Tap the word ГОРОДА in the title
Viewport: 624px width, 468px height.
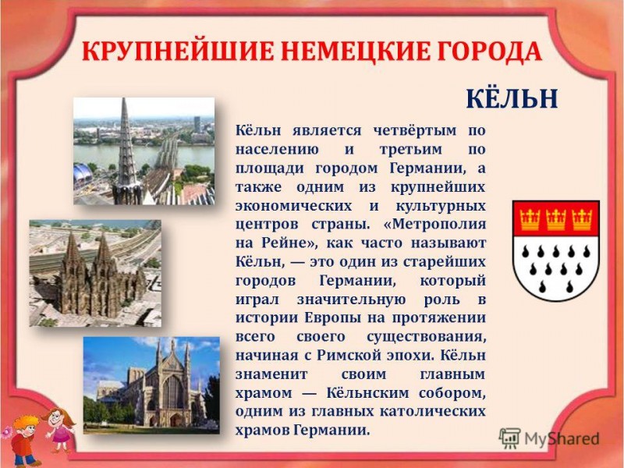click(490, 51)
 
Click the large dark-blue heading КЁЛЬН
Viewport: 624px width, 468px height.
click(512, 98)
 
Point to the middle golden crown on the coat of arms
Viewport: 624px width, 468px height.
click(555, 219)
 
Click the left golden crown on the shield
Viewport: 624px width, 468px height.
click(530, 219)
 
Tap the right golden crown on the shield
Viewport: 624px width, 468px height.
click(581, 219)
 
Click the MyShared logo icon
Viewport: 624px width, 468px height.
click(510, 438)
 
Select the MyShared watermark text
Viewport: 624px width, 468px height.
click(562, 438)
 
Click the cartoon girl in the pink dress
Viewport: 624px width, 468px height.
click(60, 430)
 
